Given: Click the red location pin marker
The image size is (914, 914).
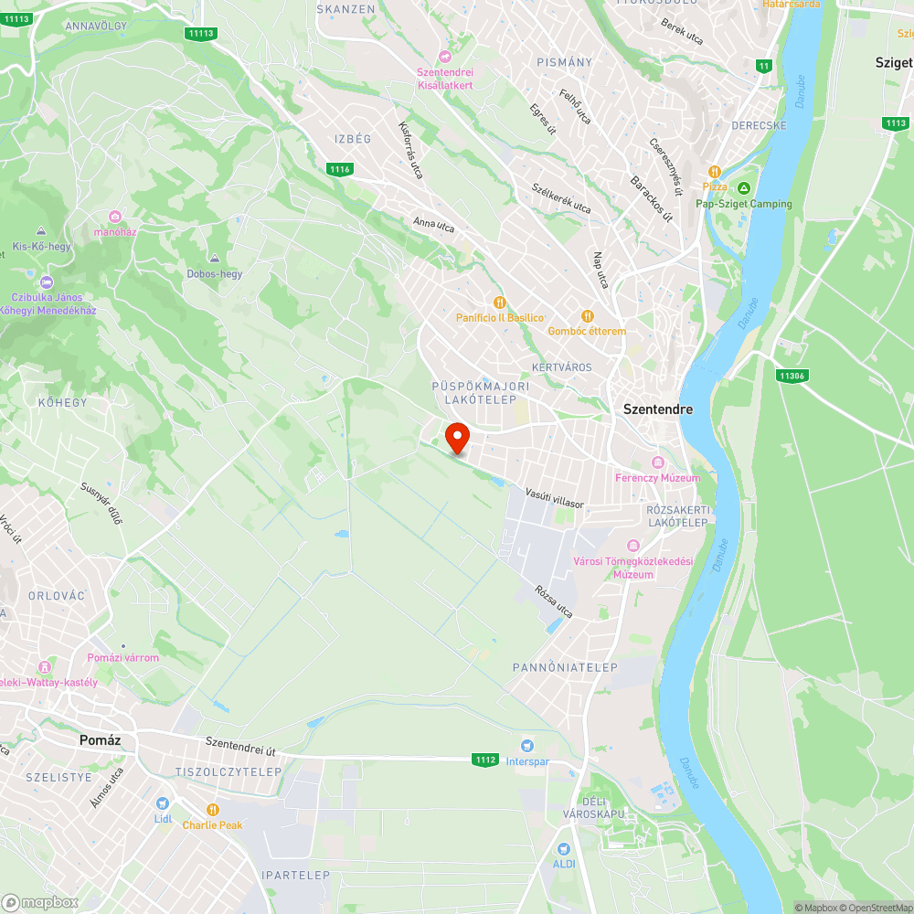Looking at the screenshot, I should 456,438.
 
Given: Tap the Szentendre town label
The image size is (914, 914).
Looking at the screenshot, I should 657,409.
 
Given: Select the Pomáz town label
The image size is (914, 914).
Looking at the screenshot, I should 101,739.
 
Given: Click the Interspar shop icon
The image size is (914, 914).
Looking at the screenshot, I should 526,746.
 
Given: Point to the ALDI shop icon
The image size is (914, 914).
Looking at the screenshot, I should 563,849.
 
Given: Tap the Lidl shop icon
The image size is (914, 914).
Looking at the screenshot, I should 163,803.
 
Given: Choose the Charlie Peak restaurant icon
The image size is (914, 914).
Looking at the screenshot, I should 212,810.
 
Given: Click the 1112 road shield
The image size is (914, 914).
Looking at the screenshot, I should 485,760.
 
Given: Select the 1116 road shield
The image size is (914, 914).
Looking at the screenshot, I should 340,169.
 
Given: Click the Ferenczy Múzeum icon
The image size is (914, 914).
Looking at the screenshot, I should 657,462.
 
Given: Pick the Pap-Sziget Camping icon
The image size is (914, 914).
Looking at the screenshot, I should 743,188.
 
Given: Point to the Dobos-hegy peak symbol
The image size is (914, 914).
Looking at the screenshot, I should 215,259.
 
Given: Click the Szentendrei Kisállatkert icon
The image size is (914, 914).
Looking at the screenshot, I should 444,57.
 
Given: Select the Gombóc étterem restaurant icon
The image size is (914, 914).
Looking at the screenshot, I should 587,315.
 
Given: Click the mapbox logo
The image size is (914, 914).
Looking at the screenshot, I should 40,901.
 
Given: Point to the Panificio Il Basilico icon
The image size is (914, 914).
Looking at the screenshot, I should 499,303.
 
